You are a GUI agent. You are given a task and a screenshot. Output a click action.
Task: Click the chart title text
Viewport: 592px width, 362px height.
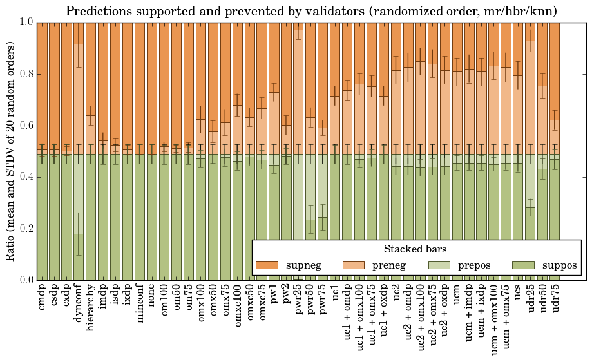pyautogui.click(x=311, y=11)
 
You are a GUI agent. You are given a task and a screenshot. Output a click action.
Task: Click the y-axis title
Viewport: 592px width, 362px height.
pyautogui.click(x=10, y=151)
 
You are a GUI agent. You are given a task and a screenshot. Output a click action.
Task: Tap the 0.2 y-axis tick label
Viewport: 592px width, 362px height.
pyautogui.click(x=25, y=229)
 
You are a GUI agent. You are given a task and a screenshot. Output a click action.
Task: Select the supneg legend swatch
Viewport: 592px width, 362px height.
pyautogui.click(x=267, y=265)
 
